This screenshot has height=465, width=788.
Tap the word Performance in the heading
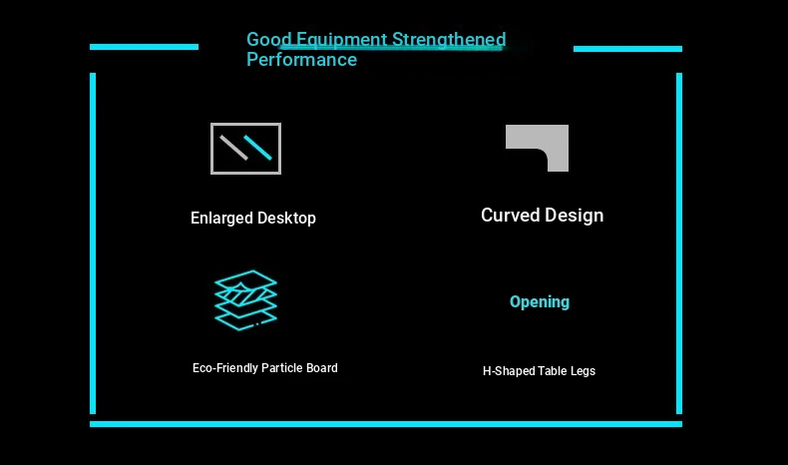(x=301, y=60)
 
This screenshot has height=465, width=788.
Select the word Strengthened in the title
(x=449, y=40)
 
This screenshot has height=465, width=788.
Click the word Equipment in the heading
(x=341, y=40)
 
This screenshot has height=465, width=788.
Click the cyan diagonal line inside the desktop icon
(x=258, y=148)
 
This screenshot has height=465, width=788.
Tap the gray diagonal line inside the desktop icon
(x=233, y=148)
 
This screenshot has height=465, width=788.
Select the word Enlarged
(x=221, y=219)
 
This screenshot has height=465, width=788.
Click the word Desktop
(x=287, y=219)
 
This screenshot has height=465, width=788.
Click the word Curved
(x=510, y=216)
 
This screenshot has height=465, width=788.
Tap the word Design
(x=574, y=216)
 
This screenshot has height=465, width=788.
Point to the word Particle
(x=282, y=368)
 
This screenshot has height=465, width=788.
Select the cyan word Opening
(x=540, y=302)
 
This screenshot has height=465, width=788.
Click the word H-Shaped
(x=509, y=371)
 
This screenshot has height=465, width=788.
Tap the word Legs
(x=583, y=371)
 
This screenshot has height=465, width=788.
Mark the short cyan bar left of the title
(x=145, y=47)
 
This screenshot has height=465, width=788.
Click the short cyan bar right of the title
(x=627, y=49)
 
